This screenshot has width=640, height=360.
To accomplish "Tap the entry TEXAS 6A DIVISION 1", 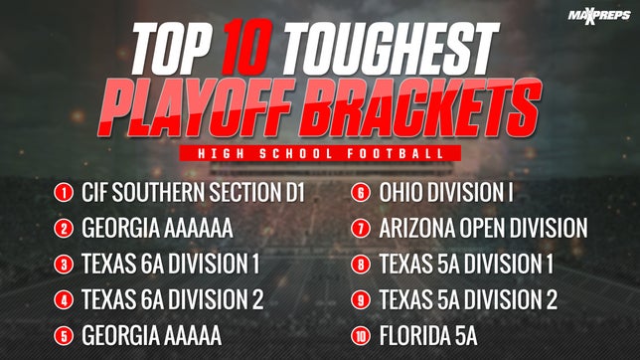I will point(175,264).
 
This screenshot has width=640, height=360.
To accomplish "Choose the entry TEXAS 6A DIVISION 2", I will point(177,298).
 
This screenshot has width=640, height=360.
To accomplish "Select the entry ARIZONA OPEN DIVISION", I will point(483,229).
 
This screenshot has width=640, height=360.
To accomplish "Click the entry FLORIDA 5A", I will point(428,333).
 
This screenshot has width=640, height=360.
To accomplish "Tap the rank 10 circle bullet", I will point(361,333).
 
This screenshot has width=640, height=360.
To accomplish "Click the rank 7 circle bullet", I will point(361,229).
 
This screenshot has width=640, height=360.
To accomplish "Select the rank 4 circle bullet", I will point(64,298).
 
